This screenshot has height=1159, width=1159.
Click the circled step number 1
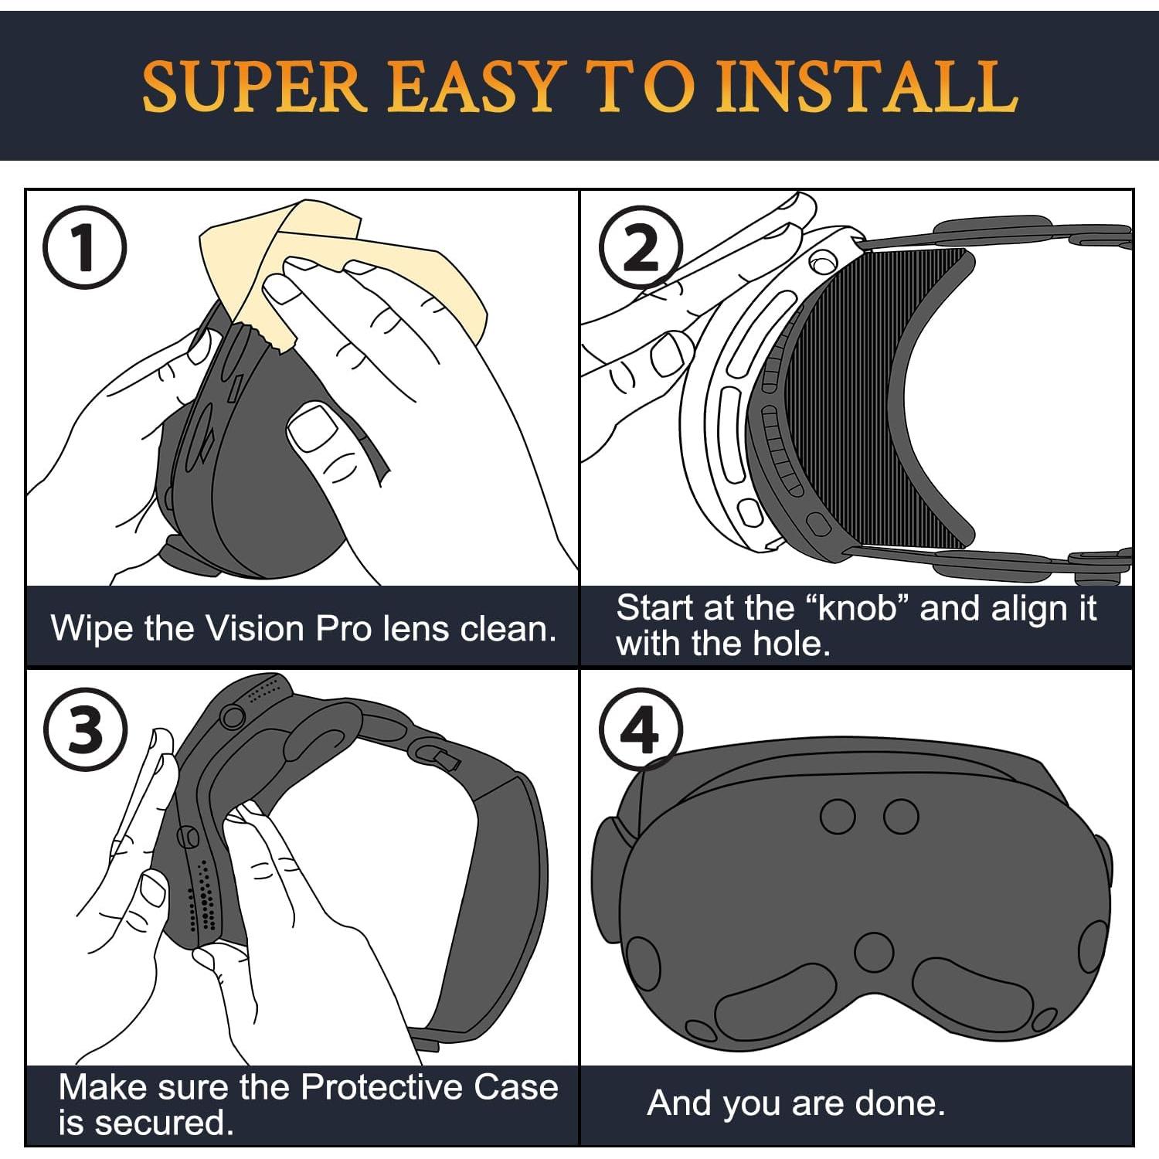[84, 248]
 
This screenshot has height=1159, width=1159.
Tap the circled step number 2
[642, 248]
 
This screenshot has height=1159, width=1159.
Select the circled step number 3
[84, 729]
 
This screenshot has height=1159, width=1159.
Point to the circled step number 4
[641, 729]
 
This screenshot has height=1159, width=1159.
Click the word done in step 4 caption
[904, 1103]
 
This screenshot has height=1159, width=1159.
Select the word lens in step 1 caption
[416, 628]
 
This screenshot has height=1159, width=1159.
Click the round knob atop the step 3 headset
[232, 717]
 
